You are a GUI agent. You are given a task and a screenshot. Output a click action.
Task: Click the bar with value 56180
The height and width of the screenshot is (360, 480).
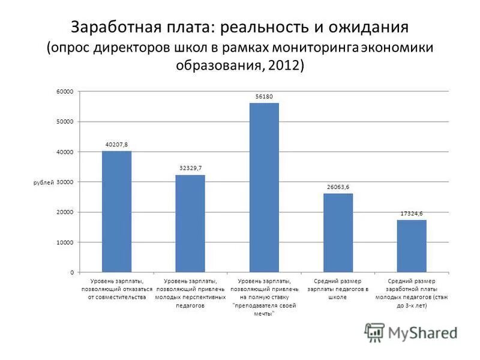264,187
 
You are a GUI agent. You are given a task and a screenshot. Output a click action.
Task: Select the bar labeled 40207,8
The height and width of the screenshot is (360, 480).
116,211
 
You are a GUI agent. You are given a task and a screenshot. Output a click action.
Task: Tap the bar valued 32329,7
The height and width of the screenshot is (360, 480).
190,223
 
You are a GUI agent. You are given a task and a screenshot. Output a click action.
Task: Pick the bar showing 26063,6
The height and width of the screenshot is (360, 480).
338,233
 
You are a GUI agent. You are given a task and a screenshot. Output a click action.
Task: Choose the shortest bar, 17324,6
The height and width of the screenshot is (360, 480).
412,246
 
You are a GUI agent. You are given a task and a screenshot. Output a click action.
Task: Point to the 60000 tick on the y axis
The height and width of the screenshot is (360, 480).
65,91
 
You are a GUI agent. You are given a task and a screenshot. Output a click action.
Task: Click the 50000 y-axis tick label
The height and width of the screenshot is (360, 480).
65,121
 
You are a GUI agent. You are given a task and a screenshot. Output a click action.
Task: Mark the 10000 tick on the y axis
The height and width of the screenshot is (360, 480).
65,242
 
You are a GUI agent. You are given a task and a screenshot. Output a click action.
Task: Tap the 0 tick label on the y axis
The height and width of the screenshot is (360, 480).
71,272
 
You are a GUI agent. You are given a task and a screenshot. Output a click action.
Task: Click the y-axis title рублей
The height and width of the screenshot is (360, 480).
43,182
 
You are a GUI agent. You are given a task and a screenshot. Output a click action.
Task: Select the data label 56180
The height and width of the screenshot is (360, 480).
264,96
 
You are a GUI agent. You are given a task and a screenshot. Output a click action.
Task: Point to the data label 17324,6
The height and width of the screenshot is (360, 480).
412,213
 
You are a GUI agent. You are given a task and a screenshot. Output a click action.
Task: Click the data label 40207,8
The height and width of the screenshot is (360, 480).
116,145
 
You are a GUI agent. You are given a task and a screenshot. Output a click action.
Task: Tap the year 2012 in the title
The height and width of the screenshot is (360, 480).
284,65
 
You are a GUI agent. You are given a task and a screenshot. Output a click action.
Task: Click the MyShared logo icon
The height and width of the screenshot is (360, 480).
374,332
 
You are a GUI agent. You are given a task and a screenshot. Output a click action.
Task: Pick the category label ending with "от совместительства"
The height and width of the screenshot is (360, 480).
116,289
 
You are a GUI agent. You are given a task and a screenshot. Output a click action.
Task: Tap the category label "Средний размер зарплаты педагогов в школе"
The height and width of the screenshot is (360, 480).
338,289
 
